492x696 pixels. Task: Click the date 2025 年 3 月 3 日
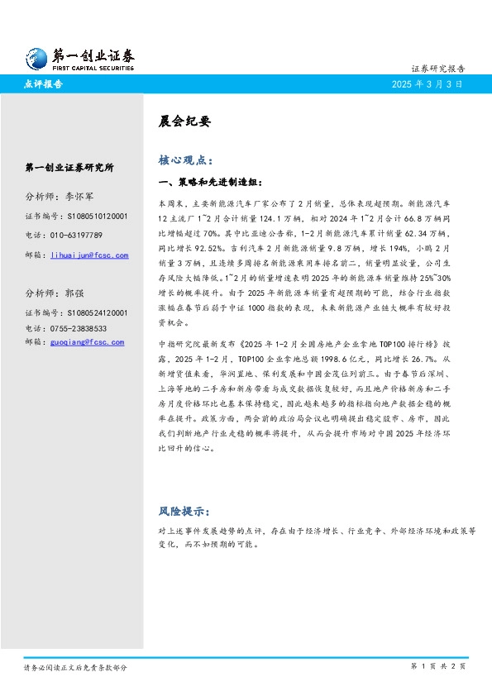click(x=427, y=84)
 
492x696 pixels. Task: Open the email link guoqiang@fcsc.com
click(x=87, y=342)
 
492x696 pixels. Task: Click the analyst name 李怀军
click(x=80, y=198)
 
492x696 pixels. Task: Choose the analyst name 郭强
click(x=74, y=293)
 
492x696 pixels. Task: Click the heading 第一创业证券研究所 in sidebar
click(x=70, y=167)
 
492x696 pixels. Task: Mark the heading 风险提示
click(x=185, y=512)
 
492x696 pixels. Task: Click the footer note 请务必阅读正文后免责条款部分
click(x=75, y=666)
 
